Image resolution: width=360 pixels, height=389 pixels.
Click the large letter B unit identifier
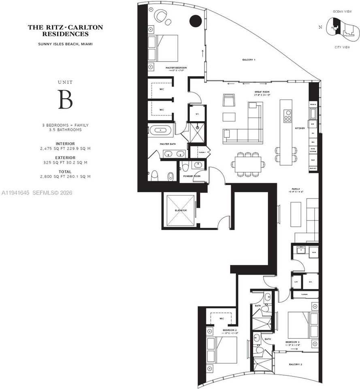tap(65, 100)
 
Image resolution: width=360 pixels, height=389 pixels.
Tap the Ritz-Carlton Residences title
tap(65, 31)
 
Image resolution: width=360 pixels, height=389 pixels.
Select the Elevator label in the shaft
tap(181, 211)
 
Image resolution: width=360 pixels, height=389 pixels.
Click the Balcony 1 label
tap(249, 60)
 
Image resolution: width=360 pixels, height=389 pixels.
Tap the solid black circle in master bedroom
tap(196, 20)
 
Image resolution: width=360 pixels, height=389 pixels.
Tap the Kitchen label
tap(300, 128)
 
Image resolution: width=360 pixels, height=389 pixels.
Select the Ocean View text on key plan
tap(341, 11)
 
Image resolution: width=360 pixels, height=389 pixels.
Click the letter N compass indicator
tap(320, 28)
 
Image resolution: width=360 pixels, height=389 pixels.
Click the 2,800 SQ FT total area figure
tap(65, 176)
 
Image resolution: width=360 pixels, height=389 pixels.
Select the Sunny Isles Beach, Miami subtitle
tap(65, 44)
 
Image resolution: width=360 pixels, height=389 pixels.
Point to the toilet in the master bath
tap(154, 175)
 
